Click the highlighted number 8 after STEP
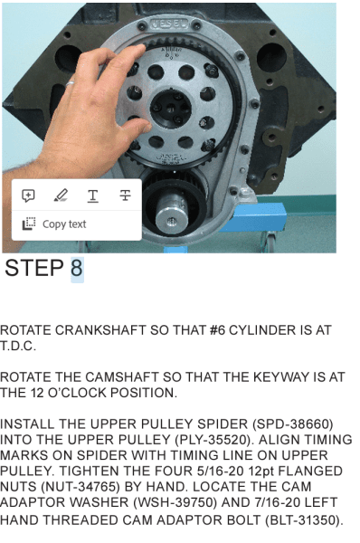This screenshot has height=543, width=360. (x=77, y=268)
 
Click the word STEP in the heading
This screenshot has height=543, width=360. (x=34, y=268)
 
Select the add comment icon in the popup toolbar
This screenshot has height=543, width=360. (x=28, y=195)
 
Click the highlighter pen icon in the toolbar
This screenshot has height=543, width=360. (x=61, y=195)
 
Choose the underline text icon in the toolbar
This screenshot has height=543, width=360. (x=93, y=196)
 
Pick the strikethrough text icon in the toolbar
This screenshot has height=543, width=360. (x=125, y=195)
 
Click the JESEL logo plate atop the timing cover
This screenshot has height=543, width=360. (x=169, y=24)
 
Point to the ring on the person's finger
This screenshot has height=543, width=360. (x=70, y=83)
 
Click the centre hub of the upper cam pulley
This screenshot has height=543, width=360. (x=171, y=108)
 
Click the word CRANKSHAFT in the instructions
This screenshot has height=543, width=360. (x=100, y=330)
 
